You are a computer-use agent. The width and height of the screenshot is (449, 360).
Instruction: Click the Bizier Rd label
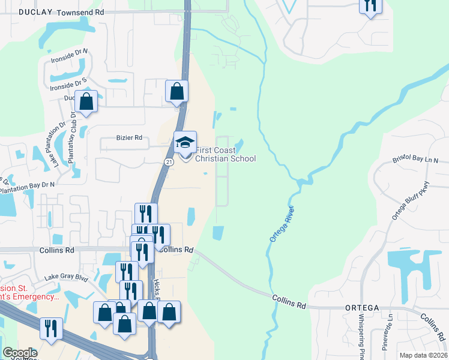pyautogui.click(x=129, y=138)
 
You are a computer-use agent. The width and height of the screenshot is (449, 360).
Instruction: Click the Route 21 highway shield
pyautogui.click(x=169, y=163)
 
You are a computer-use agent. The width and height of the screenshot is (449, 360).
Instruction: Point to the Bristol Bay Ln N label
pyautogui.click(x=416, y=160)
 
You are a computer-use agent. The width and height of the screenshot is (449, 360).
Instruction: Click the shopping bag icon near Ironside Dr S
pyautogui.click(x=86, y=102)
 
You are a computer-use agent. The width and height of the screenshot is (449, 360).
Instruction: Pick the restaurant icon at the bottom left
pyautogui.click(x=50, y=328)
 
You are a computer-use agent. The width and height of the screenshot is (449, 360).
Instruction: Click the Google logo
pyautogui.click(x=20, y=353)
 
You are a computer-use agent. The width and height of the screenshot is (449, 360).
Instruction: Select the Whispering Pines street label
pyautogui.click(x=362, y=336)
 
